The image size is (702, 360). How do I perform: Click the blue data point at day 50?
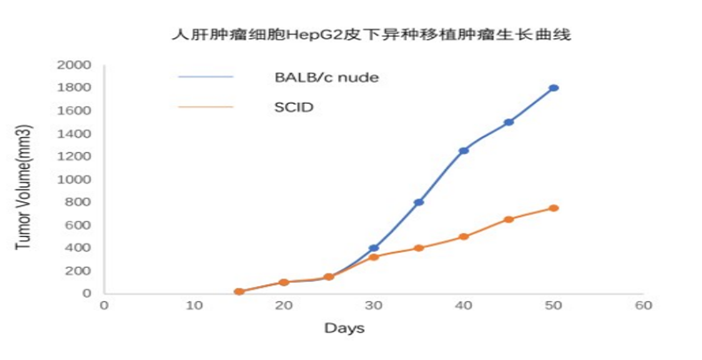[x=554, y=88]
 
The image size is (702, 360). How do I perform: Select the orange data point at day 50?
[x=554, y=208]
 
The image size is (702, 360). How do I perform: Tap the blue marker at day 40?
[x=464, y=151]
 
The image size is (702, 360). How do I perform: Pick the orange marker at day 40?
[x=464, y=237]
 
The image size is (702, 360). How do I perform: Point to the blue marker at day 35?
[x=419, y=202]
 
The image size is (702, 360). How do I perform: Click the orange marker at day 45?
[x=509, y=219]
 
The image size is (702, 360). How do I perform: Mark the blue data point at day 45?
[x=509, y=122]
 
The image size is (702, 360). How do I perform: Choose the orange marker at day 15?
[x=239, y=292]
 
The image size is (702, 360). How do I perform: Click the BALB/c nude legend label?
[x=327, y=77]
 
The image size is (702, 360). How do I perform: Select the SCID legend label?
[x=294, y=107]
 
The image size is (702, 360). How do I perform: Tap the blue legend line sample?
[x=205, y=77]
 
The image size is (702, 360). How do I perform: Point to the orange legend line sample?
[x=205, y=107]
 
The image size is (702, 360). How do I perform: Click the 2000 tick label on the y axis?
[x=74, y=65]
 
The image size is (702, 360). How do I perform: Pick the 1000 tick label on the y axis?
[x=74, y=179]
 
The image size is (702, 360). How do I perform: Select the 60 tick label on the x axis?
[x=644, y=305]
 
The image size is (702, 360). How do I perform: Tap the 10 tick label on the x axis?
[x=194, y=305]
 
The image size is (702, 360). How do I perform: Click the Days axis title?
[x=345, y=329]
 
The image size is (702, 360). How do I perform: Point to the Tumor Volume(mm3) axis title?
[x=23, y=187]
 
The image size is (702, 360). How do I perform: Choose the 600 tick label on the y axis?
[x=78, y=225]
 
